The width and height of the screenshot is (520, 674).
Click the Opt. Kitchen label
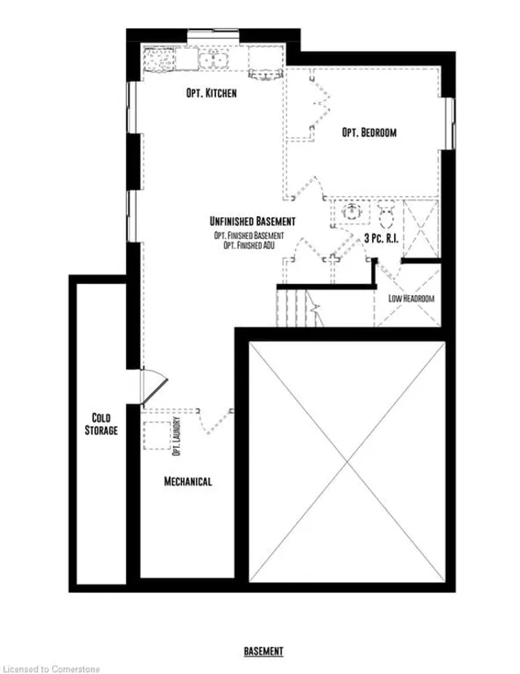[211, 93]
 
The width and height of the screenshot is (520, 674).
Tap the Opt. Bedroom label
[370, 133]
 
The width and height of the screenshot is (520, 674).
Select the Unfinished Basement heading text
[253, 221]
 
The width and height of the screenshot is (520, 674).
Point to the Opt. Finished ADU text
[249, 246]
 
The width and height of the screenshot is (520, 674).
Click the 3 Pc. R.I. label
[381, 238]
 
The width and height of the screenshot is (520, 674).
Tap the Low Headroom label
[411, 298]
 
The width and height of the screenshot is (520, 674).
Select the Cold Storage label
[102, 424]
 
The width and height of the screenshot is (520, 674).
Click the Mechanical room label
[188, 481]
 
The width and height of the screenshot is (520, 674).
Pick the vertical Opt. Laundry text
[176, 437]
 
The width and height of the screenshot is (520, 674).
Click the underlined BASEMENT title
[263, 651]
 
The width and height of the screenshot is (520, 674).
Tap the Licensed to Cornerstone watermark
[51, 669]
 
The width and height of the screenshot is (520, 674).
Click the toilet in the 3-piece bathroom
[386, 215]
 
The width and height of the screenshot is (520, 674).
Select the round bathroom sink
[352, 211]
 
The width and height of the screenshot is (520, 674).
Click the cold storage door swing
[154, 385]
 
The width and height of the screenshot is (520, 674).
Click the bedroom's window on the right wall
[449, 124]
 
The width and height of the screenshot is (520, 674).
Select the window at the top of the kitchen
[214, 36]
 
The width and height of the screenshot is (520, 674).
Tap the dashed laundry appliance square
[157, 436]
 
